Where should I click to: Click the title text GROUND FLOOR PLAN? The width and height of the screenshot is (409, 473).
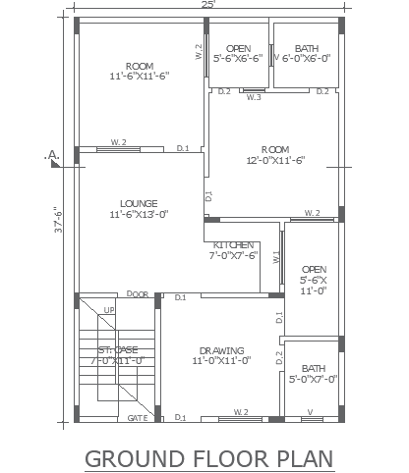coord(208,457)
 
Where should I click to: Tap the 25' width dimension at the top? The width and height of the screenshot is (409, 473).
coord(207,6)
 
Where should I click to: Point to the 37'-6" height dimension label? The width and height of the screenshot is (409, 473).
coord(58,223)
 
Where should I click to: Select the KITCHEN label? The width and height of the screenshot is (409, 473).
coord(232,245)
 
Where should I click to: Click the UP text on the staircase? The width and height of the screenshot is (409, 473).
coord(109,312)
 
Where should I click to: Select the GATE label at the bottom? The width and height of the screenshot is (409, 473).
coord(137,418)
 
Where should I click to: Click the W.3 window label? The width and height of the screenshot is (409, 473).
coord(254,97)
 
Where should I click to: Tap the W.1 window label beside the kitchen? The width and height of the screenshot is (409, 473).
coord(277,257)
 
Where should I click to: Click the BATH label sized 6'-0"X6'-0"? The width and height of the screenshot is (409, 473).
coord(306,48)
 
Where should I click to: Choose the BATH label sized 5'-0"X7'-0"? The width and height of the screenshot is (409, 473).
coord(314,368)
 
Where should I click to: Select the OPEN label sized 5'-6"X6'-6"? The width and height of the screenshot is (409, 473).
coord(238,48)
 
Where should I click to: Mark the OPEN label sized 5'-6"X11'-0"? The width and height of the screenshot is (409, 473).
coord(314,268)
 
